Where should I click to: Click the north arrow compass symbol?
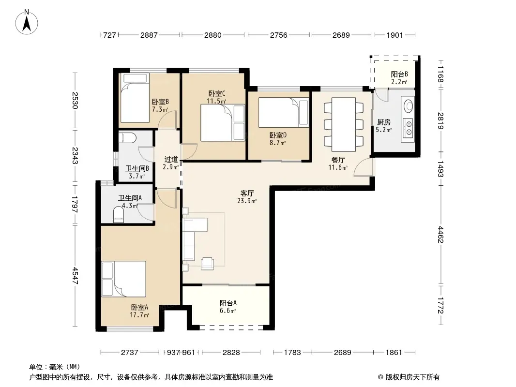click(x=27, y=22)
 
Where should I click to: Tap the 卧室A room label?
click(x=139, y=308)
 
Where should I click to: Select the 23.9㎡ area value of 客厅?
click(x=247, y=201)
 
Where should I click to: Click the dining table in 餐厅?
click(x=344, y=124)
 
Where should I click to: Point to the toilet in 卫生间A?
click(x=119, y=214)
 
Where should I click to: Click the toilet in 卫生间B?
click(x=125, y=137)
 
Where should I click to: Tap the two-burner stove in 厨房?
click(x=408, y=128)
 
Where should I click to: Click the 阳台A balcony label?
click(x=228, y=303)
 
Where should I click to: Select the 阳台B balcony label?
click(x=399, y=74)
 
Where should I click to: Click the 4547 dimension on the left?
click(x=76, y=276)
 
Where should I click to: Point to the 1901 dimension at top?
click(x=395, y=35)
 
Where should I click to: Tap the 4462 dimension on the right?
click(x=440, y=235)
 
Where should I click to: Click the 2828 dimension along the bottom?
click(x=231, y=353)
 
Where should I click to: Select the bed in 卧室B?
click(x=134, y=98)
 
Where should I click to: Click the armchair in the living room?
click(x=207, y=263)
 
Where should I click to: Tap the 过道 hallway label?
click(x=171, y=160)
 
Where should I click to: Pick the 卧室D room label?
click(x=278, y=135)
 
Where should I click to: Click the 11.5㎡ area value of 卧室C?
click(x=216, y=101)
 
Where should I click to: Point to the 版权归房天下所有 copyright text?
click(x=412, y=377)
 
